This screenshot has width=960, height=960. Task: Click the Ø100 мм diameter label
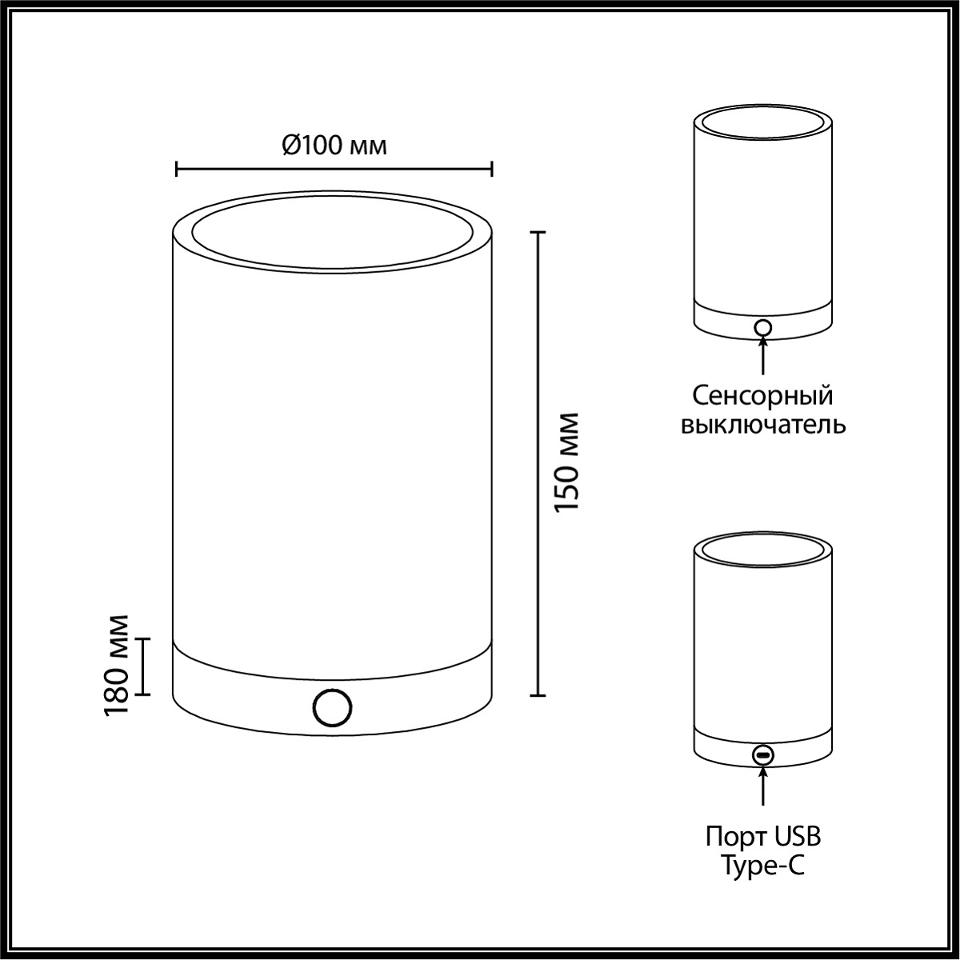(334, 146)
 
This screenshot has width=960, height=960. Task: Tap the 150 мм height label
(566, 462)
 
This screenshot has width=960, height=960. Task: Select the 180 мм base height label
(117, 666)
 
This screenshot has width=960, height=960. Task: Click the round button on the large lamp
(332, 708)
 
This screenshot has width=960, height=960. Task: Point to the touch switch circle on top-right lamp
(762, 328)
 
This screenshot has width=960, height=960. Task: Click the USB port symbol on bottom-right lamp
(762, 769)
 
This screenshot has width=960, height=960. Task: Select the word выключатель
(762, 425)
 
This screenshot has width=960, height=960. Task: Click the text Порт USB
(762, 836)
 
